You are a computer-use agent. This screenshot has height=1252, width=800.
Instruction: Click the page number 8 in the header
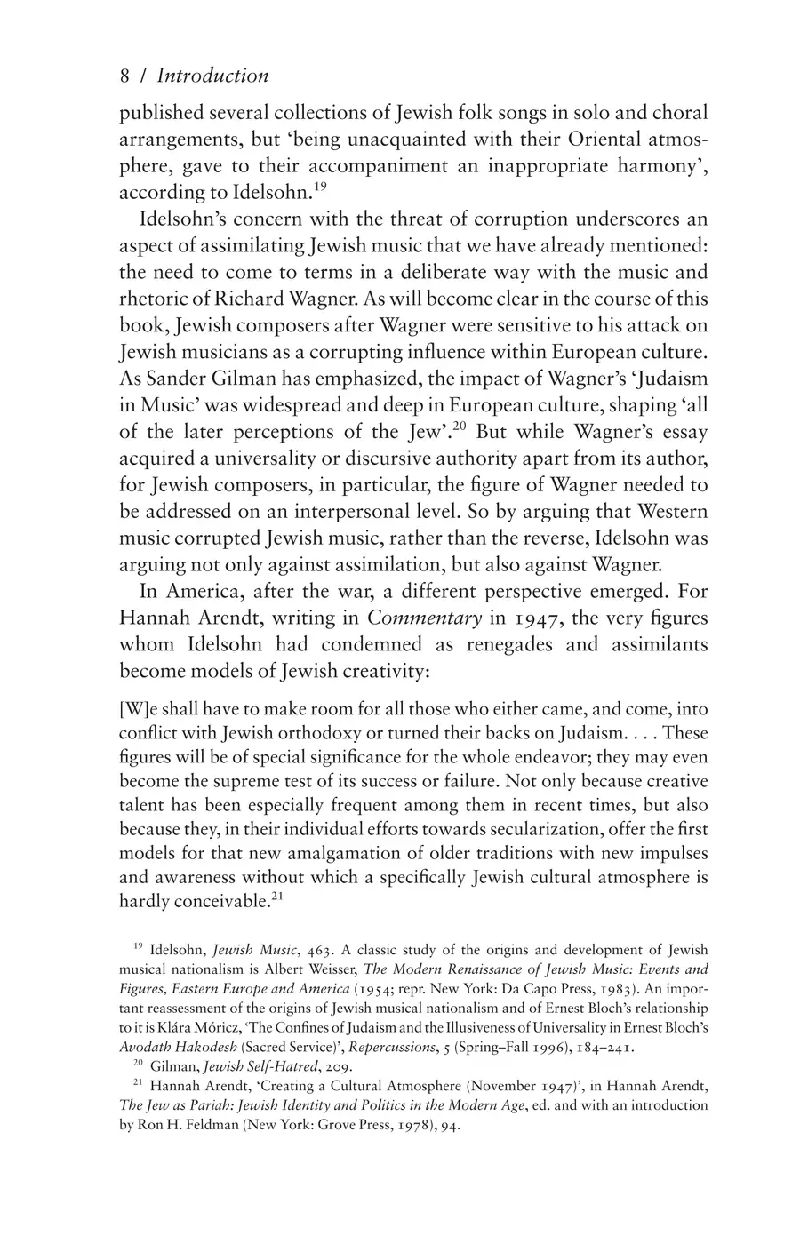coord(125,76)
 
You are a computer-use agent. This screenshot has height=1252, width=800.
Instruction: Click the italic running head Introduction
coord(213,76)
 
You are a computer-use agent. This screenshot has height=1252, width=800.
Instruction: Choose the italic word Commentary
coord(425,618)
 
